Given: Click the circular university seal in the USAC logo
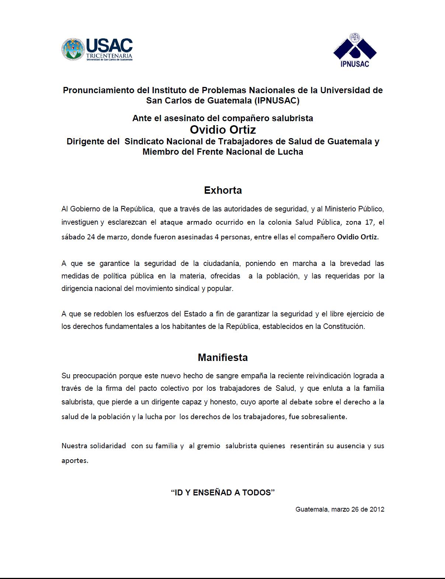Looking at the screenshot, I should click(x=73, y=49).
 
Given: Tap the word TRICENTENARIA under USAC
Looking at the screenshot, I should click(x=109, y=56).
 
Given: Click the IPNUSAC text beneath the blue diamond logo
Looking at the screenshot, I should click(x=355, y=64).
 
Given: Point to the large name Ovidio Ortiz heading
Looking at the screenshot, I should click(x=223, y=130).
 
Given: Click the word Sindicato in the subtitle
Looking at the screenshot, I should click(x=144, y=141).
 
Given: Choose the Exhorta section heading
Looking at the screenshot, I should click(x=223, y=190).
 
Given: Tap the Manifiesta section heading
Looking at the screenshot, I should click(x=223, y=358).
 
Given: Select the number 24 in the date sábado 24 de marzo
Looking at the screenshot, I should click(x=91, y=237).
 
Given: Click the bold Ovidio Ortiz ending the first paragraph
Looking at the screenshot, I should click(x=358, y=237).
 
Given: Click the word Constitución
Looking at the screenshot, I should click(x=344, y=326).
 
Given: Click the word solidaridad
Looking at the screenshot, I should click(x=108, y=446).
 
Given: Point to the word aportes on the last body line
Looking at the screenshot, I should click(x=74, y=460).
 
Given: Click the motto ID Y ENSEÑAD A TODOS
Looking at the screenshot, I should click(x=223, y=492).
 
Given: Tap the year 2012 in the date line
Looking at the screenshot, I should click(x=377, y=509).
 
